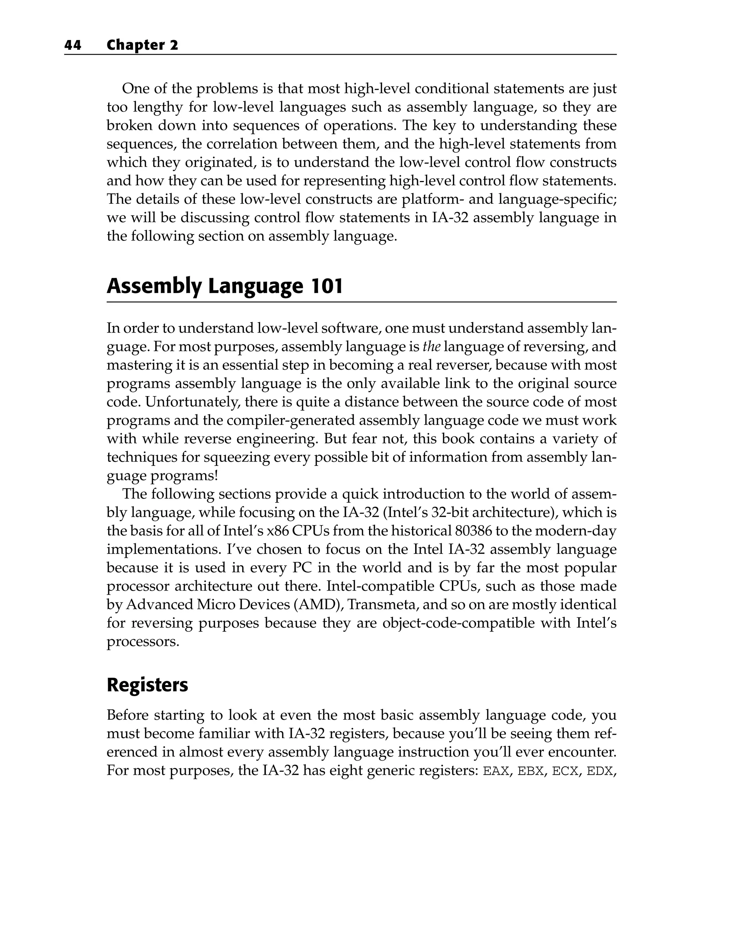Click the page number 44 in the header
pos(73,45)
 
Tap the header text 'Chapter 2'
pos(142,45)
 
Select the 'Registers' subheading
pos(147,685)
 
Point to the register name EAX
pos(496,771)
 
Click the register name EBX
pos(530,771)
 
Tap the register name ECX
pos(565,771)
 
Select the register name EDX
pos(599,771)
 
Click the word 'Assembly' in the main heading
pos(154,286)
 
